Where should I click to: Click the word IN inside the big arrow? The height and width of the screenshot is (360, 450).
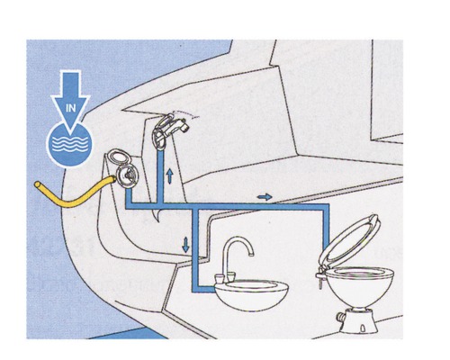[x=71, y=108]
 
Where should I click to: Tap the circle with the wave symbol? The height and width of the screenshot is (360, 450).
[x=70, y=145]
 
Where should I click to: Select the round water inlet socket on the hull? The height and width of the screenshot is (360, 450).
[x=127, y=176]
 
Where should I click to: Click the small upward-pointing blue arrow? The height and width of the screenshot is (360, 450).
[x=170, y=175]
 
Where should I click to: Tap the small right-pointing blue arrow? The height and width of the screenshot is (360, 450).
[x=265, y=197]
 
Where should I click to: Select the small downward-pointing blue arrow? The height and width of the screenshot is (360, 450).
[x=185, y=245]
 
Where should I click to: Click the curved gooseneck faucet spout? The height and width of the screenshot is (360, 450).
[x=237, y=249]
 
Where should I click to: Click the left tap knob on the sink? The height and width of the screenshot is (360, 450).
[x=220, y=278]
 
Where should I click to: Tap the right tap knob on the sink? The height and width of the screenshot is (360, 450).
[x=231, y=276]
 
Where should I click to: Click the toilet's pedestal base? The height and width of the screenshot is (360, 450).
[x=358, y=321]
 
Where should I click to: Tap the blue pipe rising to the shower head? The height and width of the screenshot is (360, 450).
[x=160, y=177]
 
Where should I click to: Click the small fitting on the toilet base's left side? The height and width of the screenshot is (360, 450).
[x=341, y=317]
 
